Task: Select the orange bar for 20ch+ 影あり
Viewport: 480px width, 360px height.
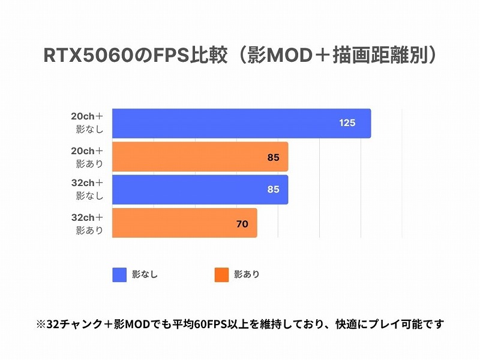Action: pos(200,157)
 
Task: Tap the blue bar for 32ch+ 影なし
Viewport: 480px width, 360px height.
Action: pos(200,190)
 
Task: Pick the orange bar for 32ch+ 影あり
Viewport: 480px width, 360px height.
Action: pos(185,223)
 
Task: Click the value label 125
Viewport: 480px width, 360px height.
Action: pos(347,123)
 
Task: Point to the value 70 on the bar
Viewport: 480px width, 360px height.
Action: pos(242,224)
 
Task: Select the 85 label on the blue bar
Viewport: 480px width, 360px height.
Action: pos(273,190)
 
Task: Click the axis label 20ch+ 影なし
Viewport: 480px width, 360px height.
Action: pos(88,123)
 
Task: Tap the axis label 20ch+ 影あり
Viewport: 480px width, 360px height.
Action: pos(88,157)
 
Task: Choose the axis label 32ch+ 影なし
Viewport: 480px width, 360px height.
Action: pos(88,189)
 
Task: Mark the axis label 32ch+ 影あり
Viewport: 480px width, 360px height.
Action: pos(88,223)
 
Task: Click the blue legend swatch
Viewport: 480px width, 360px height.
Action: pos(119,275)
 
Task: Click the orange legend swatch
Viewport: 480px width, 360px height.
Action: pos(221,275)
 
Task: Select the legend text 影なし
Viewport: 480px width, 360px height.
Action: pos(145,275)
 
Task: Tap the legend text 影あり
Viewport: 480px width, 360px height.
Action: pos(247,275)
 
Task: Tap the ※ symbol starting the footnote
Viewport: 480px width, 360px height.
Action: pos(41,325)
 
